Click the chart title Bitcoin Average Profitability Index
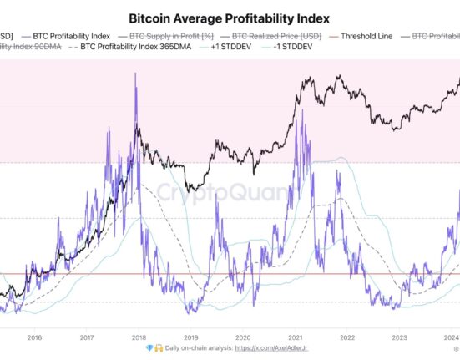(230, 17)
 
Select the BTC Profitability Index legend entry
(71, 36)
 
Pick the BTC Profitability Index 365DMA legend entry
(149, 49)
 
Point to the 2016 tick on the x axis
(35, 338)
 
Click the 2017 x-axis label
(87, 338)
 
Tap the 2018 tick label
(139, 338)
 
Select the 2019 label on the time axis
(191, 338)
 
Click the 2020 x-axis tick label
(243, 338)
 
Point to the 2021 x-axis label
(296, 338)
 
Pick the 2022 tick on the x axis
(347, 338)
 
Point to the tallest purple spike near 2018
(134, 74)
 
